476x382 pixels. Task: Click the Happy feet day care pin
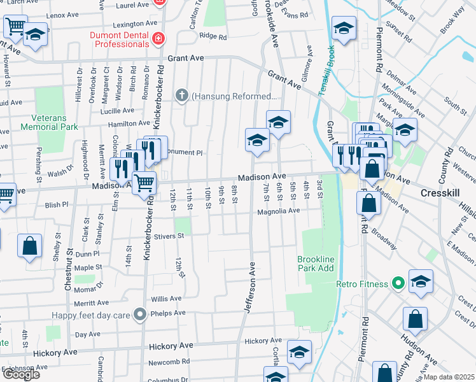139,313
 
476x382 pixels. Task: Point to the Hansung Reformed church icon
182,97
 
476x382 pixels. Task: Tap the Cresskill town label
443,192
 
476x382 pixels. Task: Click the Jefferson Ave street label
251,287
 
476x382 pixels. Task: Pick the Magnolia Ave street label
277,210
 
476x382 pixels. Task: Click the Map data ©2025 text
449,377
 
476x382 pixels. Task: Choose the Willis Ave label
165,297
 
